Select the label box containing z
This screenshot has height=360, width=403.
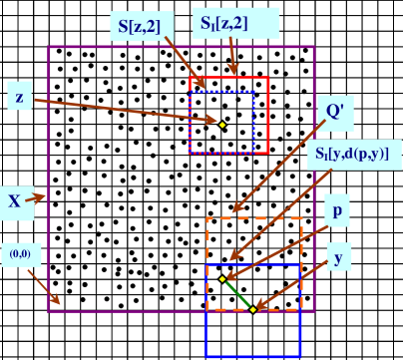pos(19,97)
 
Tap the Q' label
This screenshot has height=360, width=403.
pos(335,112)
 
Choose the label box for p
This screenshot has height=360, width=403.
pos(339,212)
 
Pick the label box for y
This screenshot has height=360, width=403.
pos(339,260)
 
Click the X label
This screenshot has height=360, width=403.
pos(14,200)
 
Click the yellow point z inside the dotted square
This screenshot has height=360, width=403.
pos(222,124)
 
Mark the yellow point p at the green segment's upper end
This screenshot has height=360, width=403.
pos(222,279)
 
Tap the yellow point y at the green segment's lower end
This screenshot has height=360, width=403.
pos(253,309)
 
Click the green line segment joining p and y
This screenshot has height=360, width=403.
pos(237,294)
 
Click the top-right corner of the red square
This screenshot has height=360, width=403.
pos(268,78)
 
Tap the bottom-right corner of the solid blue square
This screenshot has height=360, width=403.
pos(300,355)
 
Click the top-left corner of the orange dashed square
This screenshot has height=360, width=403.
pos(207,218)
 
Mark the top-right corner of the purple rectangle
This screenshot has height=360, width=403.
pos(314,47)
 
